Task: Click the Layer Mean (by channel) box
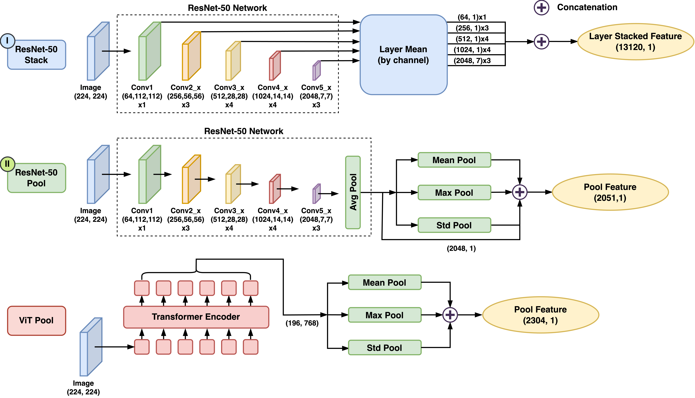click(x=403, y=55)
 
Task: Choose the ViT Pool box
click(x=36, y=320)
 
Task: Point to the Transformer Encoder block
click(x=196, y=317)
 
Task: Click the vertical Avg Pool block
click(x=353, y=192)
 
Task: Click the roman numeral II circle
click(x=7, y=164)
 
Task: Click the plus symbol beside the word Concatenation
click(x=541, y=8)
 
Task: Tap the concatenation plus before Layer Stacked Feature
click(x=541, y=42)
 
